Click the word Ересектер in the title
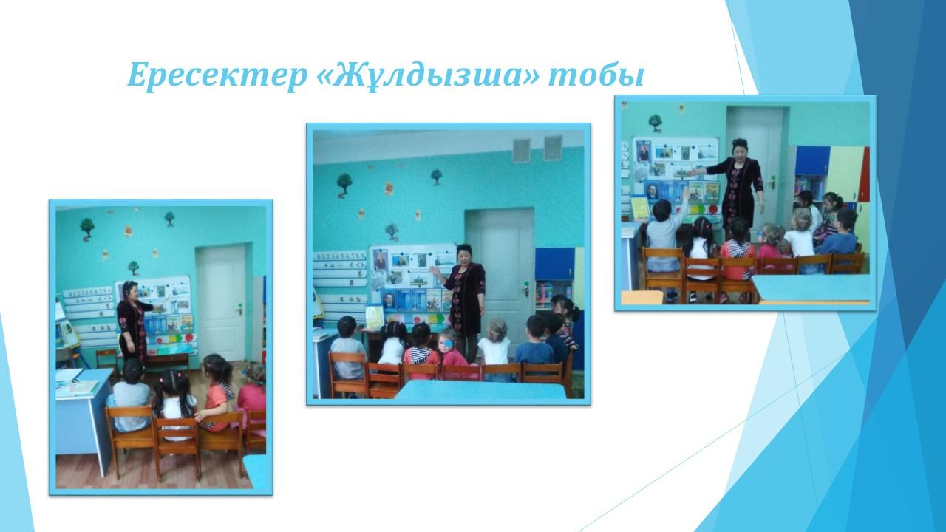[217, 75]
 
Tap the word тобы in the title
[596, 76]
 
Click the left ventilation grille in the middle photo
[522, 150]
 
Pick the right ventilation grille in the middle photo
[553, 148]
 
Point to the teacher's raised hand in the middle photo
[433, 271]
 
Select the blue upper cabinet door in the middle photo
[554, 264]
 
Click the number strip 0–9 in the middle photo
[341, 256]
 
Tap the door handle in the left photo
[239, 309]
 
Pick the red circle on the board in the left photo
[190, 338]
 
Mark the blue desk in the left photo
[83, 418]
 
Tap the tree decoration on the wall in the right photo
[655, 123]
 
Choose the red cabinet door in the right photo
[864, 174]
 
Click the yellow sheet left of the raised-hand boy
[639, 208]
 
